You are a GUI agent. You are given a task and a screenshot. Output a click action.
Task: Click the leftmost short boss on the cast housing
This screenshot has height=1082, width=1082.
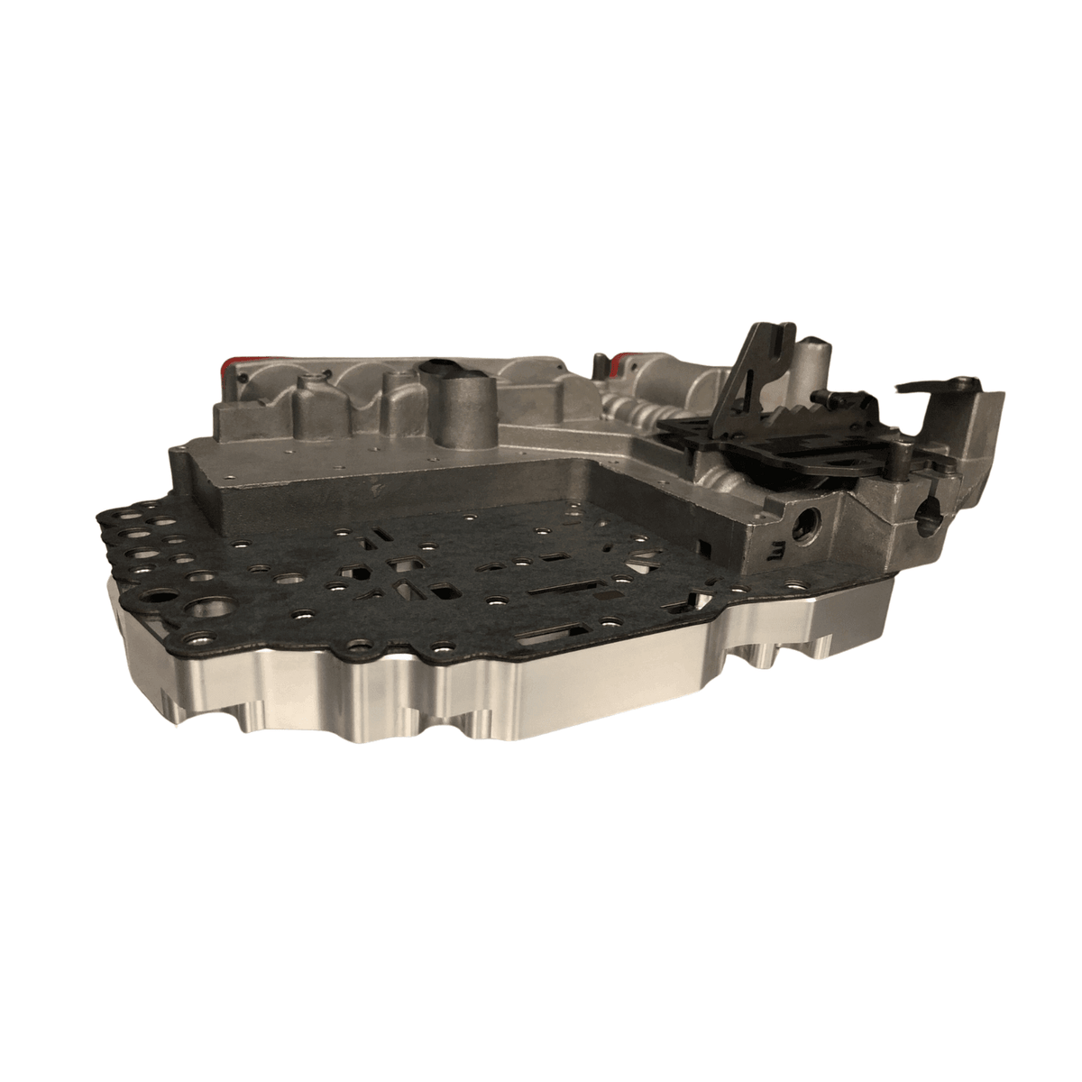pyautogui.click(x=307, y=397)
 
